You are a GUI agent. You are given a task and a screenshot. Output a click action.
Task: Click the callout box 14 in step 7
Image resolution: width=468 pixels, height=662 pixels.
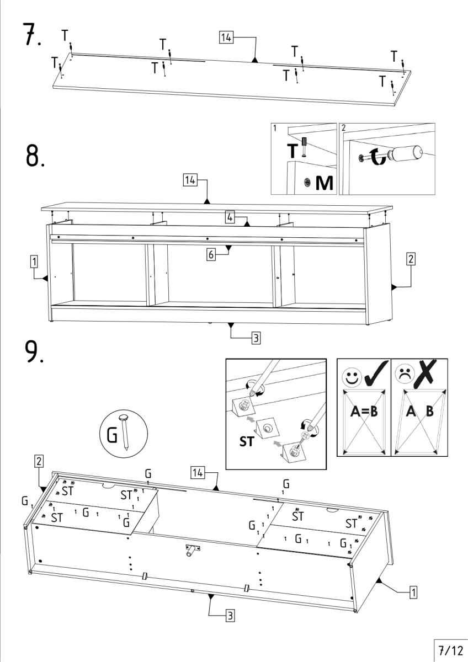226,37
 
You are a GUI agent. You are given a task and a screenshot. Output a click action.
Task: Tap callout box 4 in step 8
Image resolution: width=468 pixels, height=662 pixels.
230,218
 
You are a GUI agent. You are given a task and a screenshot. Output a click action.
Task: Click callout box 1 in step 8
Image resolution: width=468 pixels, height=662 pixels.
35,261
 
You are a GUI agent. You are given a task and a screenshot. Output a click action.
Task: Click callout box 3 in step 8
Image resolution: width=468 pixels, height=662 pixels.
256,338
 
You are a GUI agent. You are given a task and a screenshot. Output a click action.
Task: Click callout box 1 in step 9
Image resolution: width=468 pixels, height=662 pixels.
412,592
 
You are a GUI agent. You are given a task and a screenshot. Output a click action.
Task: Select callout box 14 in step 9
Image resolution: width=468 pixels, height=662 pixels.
198,472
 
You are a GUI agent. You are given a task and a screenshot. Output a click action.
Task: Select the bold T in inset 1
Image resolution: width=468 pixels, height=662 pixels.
292,150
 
